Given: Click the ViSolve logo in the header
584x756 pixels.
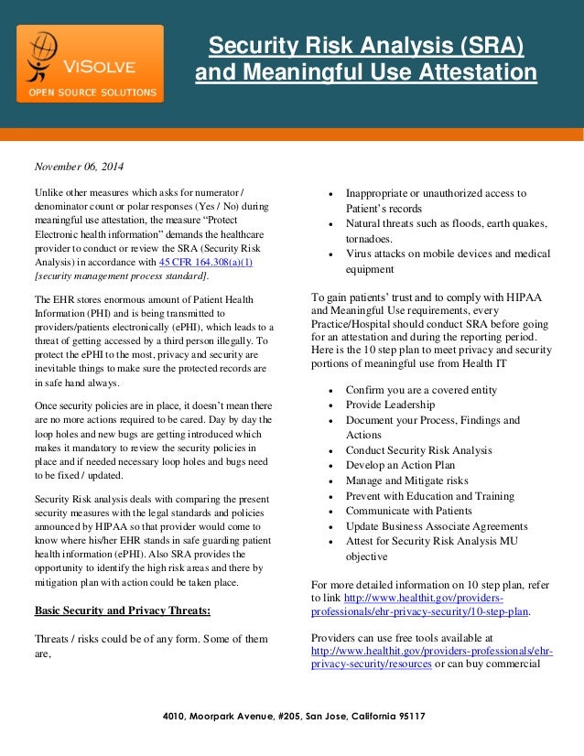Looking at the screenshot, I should (x=89, y=62).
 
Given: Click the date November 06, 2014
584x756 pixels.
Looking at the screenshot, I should (x=80, y=167).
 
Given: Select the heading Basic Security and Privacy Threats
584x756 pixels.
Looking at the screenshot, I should (x=123, y=609).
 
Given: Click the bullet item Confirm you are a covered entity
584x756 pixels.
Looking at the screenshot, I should (x=421, y=390).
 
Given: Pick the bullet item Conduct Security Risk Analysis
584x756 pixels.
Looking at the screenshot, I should (x=418, y=450).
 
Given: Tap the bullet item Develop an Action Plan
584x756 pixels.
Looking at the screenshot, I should (x=401, y=465).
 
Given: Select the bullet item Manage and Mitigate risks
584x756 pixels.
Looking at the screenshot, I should (x=406, y=481).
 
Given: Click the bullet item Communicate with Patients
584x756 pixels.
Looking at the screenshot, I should (x=408, y=511).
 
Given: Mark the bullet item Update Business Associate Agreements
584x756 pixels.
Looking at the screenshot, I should (x=437, y=526).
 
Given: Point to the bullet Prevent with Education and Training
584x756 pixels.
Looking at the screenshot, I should (x=430, y=496).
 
